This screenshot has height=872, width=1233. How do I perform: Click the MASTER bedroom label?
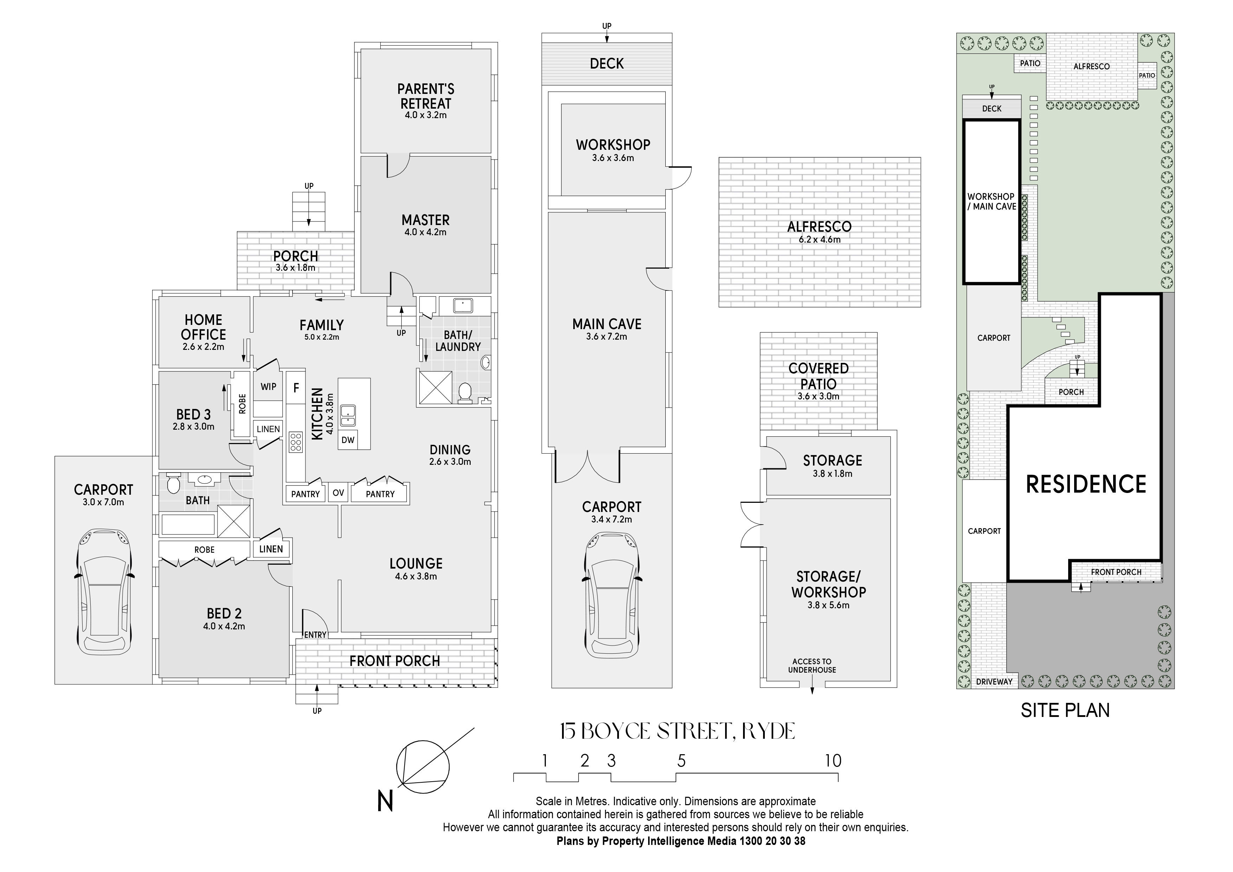point(425,220)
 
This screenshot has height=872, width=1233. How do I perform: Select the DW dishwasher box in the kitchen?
point(348,440)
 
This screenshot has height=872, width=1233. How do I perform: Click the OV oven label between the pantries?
point(338,493)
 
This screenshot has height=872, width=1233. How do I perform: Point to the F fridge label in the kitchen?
point(296,387)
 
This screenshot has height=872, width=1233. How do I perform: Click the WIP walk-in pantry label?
point(269,386)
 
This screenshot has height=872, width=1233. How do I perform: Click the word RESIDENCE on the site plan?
point(1086,484)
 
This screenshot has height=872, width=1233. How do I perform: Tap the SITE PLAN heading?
point(1065,710)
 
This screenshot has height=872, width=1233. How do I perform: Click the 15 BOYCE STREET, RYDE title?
point(677,731)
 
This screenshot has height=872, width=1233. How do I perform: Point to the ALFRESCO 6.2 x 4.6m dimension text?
point(820,240)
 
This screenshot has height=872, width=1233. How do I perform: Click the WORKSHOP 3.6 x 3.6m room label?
point(613,150)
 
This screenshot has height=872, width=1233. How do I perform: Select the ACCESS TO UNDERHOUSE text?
point(812,666)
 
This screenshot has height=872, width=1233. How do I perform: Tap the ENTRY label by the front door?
point(315,635)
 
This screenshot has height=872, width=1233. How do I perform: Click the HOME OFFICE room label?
point(204,332)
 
